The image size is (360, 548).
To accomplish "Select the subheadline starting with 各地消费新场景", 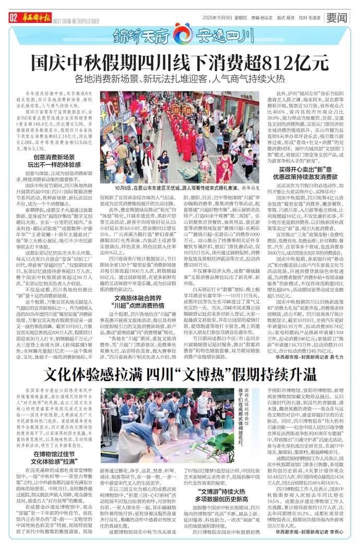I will pos(180,80).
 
